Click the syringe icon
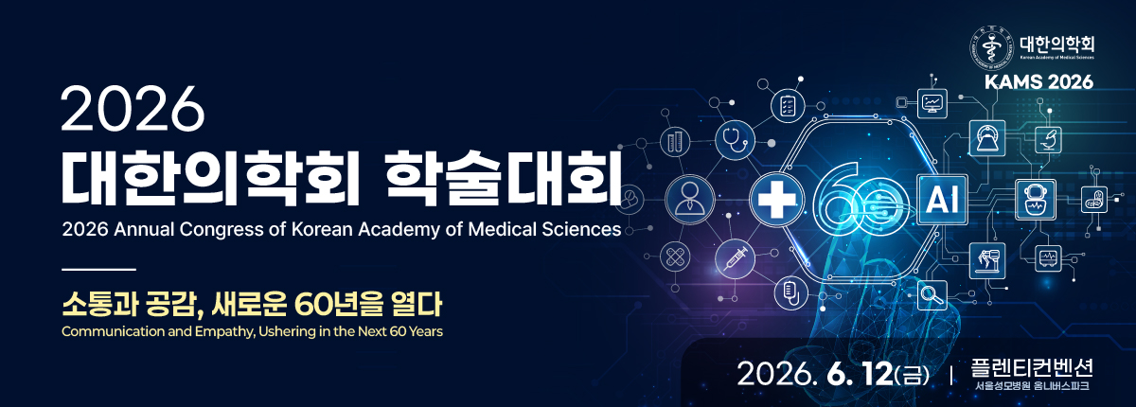[x=735, y=257]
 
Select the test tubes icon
[x=675, y=143]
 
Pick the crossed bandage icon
[x=675, y=256]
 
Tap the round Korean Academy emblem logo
[x=990, y=44]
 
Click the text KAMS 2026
[x=1038, y=82]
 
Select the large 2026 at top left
[x=133, y=110]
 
